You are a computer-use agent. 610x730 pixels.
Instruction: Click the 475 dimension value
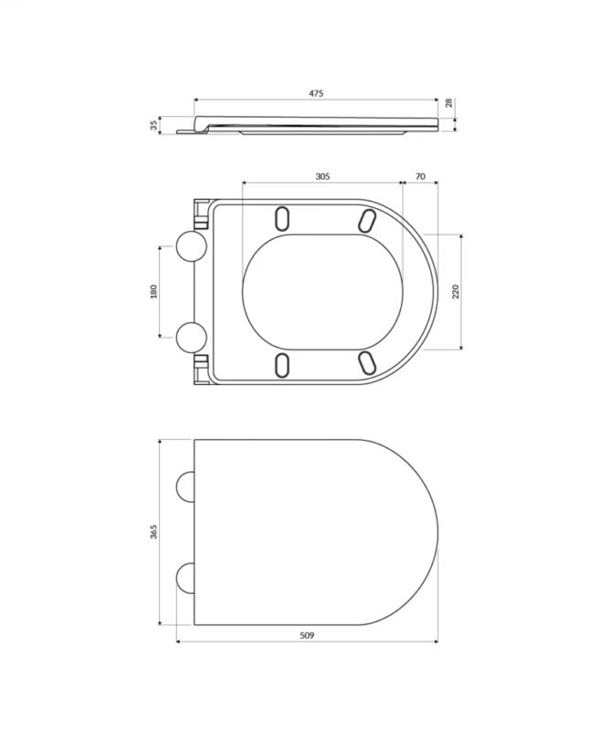316,93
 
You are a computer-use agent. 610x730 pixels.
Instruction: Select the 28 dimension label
448,103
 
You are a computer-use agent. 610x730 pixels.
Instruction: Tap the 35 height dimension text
153,125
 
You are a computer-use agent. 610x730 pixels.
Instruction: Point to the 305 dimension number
322,176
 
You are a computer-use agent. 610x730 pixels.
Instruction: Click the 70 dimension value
420,176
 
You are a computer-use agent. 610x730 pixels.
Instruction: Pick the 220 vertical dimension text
456,291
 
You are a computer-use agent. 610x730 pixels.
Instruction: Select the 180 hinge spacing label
153,291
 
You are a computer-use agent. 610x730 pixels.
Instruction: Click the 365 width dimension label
153,532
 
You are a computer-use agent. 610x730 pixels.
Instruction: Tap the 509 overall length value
307,635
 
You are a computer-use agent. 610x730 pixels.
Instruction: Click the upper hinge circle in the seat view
191,245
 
